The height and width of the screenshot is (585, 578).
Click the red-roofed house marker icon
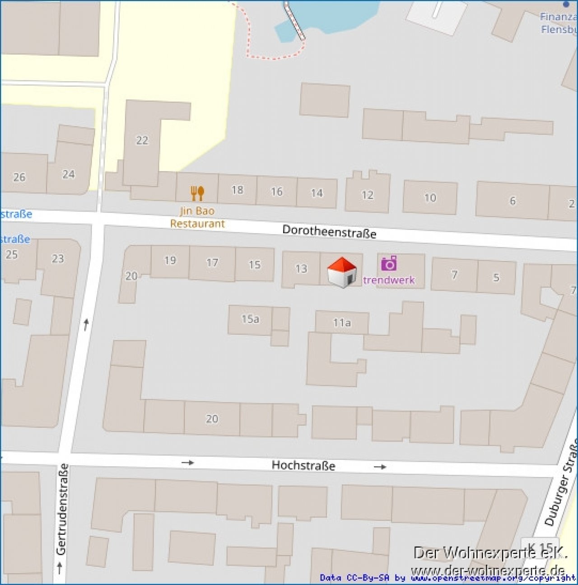[342, 272]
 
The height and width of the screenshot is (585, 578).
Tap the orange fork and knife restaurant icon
[197, 193]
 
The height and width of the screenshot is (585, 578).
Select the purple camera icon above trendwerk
[389, 263]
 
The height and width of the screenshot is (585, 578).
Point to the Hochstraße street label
[303, 465]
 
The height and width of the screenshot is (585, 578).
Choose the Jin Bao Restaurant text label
[197, 217]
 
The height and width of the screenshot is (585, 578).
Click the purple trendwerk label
[389, 280]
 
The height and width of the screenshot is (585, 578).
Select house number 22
[142, 140]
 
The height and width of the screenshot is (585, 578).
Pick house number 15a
[250, 319]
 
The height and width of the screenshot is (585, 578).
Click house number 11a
[342, 323]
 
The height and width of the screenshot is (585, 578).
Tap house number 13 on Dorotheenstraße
[301, 269]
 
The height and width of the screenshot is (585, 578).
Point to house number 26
[19, 177]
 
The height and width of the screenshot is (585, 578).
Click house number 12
[368, 195]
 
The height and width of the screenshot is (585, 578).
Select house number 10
[430, 197]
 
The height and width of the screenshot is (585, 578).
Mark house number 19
[170, 260]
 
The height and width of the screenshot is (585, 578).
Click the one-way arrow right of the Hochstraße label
[380, 467]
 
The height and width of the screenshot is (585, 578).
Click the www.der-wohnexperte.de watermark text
[488, 570]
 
